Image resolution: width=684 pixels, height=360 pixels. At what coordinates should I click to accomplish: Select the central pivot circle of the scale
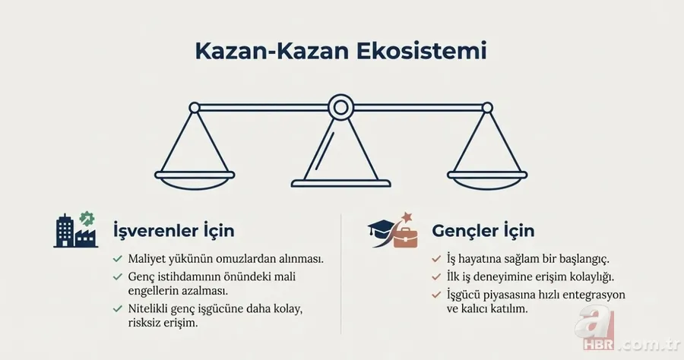340,106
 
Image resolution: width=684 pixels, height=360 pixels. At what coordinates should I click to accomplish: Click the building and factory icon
76,229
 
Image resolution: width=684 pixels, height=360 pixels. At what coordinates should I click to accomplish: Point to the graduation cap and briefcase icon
393,231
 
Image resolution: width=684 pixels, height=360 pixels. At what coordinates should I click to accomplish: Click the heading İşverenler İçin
173,230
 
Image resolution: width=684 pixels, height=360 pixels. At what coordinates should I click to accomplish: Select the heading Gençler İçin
483,230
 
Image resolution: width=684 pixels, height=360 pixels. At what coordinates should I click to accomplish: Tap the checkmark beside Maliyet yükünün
118,258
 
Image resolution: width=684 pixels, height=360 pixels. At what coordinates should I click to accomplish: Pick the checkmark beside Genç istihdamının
118,276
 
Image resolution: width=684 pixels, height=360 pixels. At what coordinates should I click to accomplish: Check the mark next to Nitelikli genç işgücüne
118,308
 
